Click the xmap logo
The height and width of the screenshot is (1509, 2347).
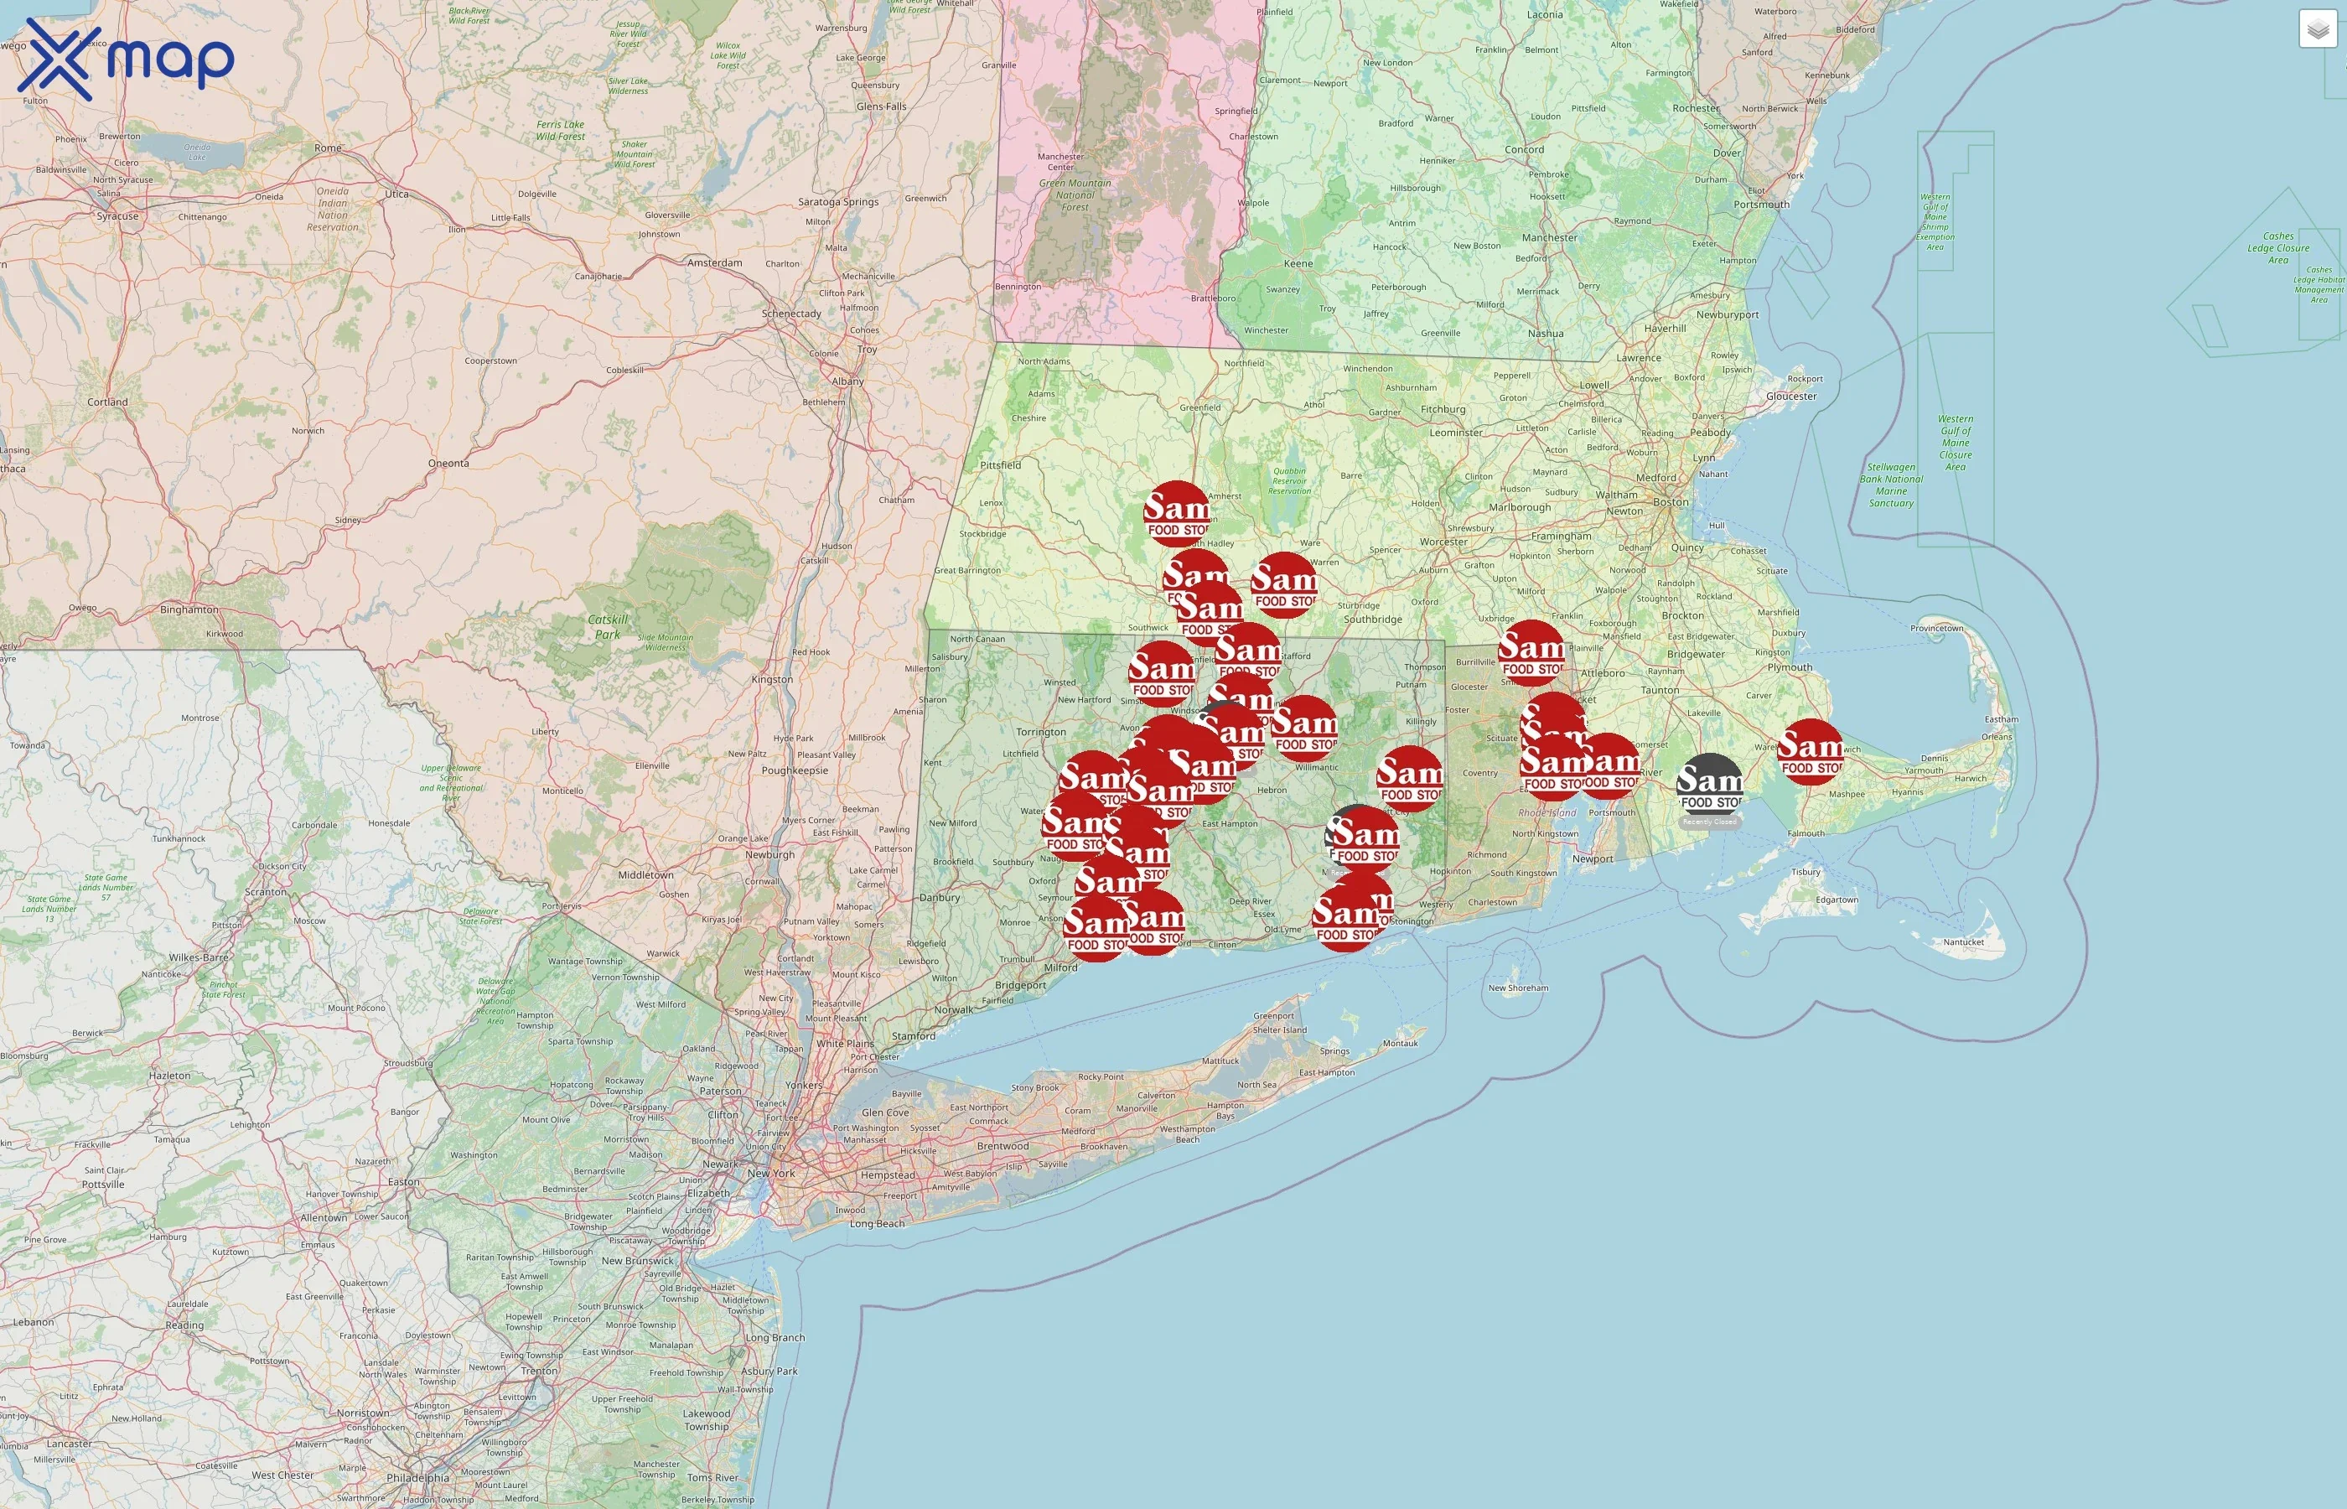point(126,59)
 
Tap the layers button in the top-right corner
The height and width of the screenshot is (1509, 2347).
point(2318,29)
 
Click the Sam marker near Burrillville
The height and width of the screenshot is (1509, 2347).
point(1531,652)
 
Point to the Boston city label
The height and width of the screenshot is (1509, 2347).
point(1670,501)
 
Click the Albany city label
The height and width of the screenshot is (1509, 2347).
point(847,381)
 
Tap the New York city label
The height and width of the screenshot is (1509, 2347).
point(771,1173)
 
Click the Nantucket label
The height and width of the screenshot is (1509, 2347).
point(1963,942)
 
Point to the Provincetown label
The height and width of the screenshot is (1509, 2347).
point(1936,628)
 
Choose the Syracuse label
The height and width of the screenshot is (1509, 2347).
point(117,216)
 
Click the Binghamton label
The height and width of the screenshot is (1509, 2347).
point(189,609)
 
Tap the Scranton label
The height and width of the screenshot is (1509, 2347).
point(266,893)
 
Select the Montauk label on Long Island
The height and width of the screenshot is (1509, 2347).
point(1400,1043)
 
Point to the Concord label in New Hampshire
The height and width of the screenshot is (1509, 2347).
point(1524,150)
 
